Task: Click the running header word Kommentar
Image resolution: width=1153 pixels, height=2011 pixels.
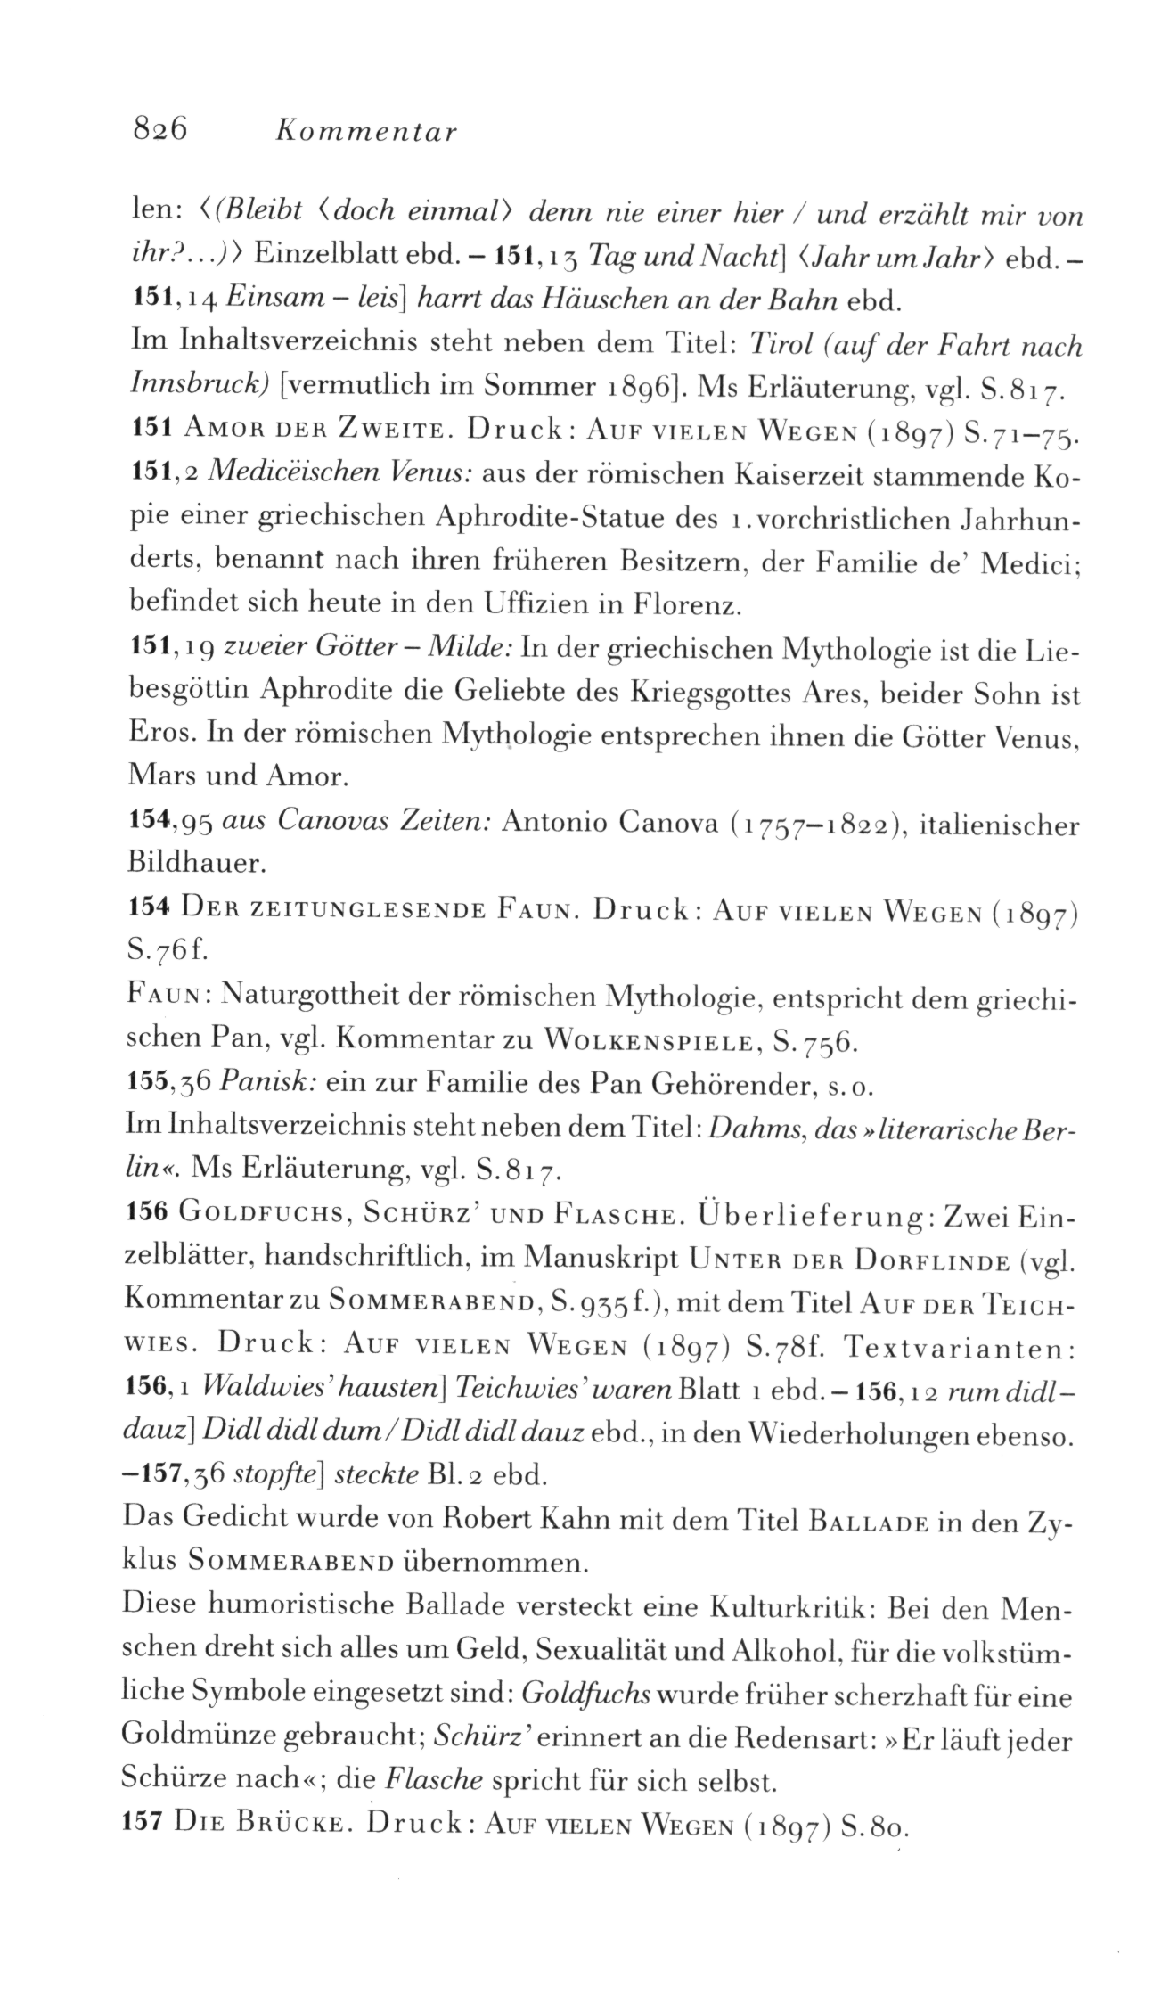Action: coord(365,132)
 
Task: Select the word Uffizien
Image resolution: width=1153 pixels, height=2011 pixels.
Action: coord(539,605)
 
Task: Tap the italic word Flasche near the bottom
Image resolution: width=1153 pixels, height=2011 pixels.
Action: coord(435,1780)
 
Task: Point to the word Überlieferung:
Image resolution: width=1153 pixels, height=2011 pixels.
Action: coord(803,1214)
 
